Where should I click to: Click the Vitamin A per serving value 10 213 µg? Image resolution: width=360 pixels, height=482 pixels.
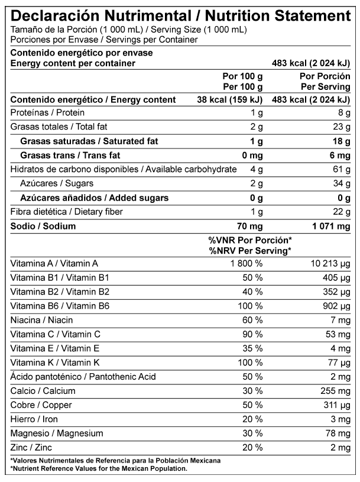(330, 263)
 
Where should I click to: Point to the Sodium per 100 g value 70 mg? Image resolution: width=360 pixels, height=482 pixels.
(249, 226)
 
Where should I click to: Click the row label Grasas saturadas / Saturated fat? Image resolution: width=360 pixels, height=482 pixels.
(89, 141)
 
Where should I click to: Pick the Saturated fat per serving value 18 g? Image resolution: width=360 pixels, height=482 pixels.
(340, 141)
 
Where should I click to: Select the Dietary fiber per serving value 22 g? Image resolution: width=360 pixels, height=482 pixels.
(341, 212)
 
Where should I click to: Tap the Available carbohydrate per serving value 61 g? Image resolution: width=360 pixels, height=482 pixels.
(341, 170)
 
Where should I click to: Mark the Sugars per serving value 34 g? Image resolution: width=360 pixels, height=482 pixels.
(341, 184)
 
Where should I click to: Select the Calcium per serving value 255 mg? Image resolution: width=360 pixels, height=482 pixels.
(336, 390)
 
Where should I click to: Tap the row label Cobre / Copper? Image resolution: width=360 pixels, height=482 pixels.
(37, 405)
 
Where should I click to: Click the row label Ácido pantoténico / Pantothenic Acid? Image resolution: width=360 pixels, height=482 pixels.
(74, 376)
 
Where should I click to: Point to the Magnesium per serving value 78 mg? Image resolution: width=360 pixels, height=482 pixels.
(339, 434)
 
